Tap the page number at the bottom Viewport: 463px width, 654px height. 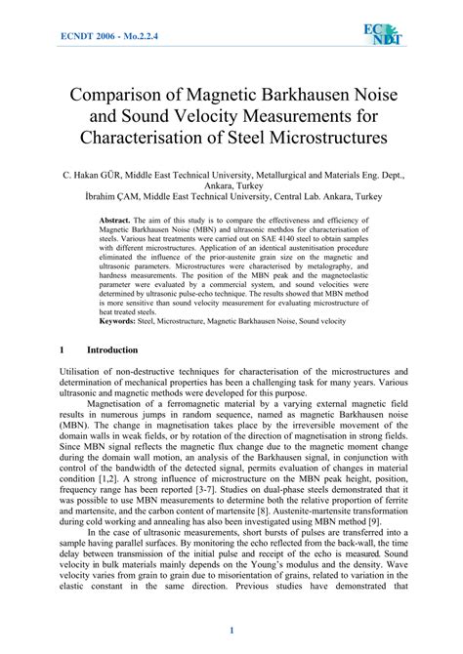click(231, 632)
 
